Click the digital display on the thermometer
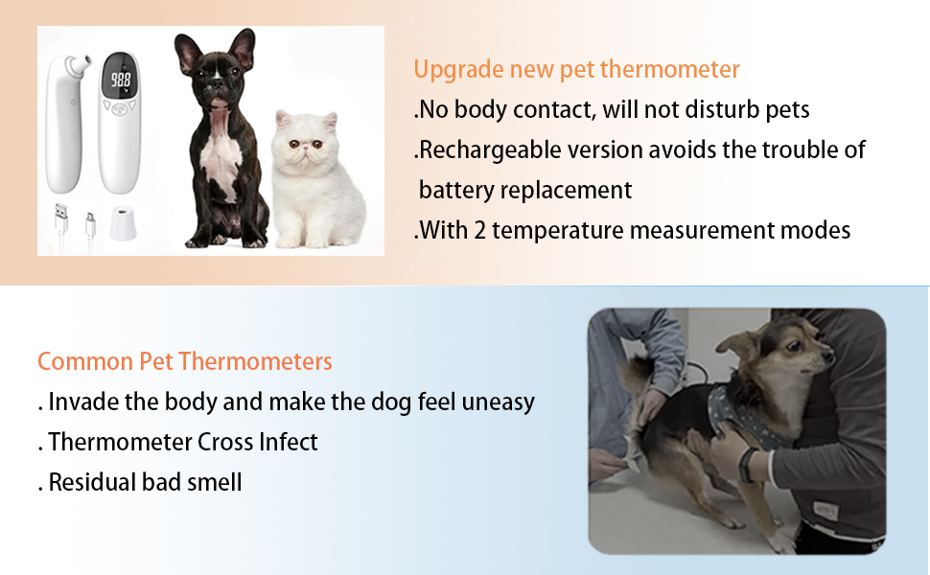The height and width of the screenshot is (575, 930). (x=122, y=80)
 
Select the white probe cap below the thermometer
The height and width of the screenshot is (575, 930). (x=120, y=223)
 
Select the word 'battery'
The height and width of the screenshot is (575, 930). (x=458, y=190)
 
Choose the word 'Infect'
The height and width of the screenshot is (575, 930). (x=288, y=442)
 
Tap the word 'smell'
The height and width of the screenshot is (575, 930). (x=216, y=482)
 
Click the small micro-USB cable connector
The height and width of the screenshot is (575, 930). (x=90, y=220)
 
